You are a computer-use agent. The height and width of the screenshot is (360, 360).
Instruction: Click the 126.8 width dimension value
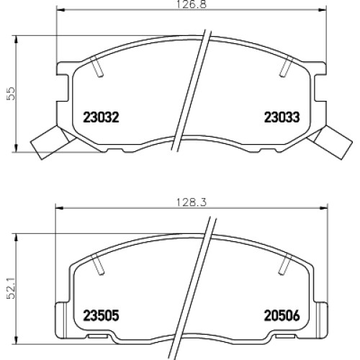tap(192, 4)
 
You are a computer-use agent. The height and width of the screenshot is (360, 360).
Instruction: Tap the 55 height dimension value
tap(11, 94)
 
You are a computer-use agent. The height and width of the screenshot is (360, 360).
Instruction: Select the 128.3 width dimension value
tap(192, 202)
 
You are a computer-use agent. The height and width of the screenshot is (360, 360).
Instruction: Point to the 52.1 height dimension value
tap(11, 289)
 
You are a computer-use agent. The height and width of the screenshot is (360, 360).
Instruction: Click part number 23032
tap(101, 117)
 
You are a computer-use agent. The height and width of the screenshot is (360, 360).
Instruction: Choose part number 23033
tap(282, 117)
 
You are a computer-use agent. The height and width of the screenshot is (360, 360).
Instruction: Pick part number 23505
tap(101, 315)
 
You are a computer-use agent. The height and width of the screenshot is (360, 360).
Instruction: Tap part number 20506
tap(282, 315)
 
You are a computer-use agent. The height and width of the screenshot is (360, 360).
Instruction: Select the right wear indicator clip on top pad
tap(330, 143)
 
